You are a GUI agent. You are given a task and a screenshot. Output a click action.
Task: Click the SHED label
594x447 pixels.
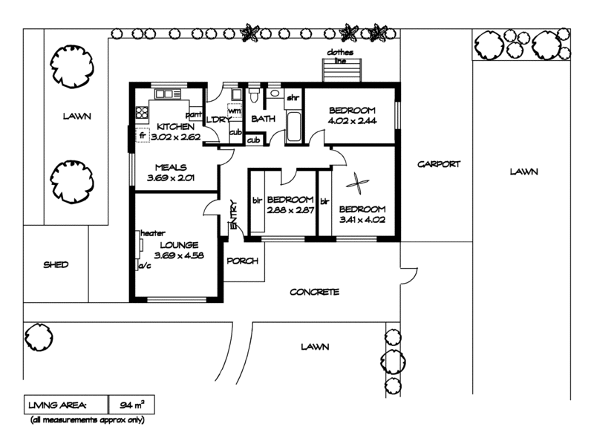tap(56, 264)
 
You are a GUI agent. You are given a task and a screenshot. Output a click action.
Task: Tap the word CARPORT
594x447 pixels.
tap(439, 164)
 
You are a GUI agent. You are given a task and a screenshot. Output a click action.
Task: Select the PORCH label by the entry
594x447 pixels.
tap(241, 261)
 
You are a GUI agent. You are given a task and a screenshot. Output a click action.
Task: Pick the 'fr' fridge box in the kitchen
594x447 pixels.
tap(142, 137)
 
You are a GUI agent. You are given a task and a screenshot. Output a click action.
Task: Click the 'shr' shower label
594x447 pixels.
tap(293, 98)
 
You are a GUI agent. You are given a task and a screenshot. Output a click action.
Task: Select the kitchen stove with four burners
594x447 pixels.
tap(142, 112)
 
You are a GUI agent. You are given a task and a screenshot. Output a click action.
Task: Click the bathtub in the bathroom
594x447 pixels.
tap(292, 127)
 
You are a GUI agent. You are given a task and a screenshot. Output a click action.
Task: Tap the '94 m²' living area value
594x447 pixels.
tap(131, 405)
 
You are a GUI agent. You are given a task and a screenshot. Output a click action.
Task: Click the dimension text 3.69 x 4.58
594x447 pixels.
tap(179, 255)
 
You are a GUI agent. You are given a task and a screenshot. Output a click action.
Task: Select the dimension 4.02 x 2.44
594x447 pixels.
tap(351, 121)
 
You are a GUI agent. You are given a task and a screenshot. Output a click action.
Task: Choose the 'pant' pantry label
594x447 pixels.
tap(194, 115)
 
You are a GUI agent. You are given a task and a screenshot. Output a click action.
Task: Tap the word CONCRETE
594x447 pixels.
tap(314, 292)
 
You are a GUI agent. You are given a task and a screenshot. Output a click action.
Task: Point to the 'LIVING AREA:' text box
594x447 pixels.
tap(57, 405)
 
